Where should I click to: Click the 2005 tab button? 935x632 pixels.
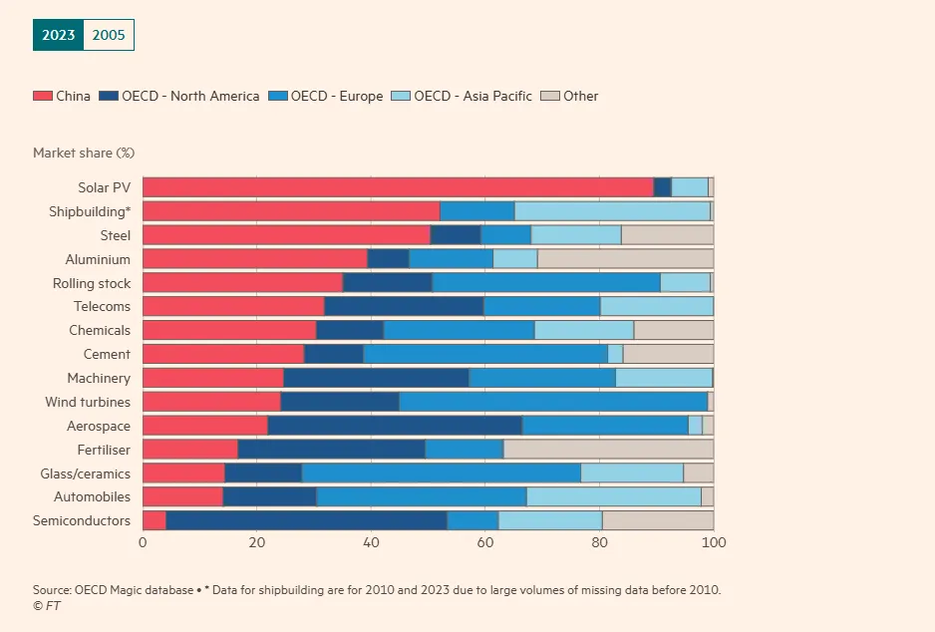click(x=109, y=35)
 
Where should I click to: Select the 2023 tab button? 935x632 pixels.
click(x=58, y=35)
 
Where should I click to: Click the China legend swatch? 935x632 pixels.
click(x=43, y=97)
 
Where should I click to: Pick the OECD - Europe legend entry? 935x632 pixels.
click(x=325, y=97)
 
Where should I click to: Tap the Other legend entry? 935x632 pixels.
click(x=569, y=97)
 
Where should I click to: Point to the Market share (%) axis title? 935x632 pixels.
click(x=84, y=153)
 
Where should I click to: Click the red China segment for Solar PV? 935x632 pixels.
click(x=398, y=187)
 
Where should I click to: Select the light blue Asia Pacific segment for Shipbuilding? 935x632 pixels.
click(x=612, y=211)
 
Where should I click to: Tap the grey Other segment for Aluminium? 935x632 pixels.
click(x=625, y=259)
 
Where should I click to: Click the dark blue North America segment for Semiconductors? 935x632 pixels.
click(x=306, y=520)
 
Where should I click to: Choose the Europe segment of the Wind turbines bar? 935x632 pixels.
click(x=553, y=402)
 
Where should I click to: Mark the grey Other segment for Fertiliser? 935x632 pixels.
click(x=607, y=450)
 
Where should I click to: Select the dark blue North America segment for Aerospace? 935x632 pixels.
click(x=395, y=426)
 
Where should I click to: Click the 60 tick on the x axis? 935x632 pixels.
click(x=484, y=542)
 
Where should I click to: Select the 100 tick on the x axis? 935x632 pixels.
click(x=713, y=542)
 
